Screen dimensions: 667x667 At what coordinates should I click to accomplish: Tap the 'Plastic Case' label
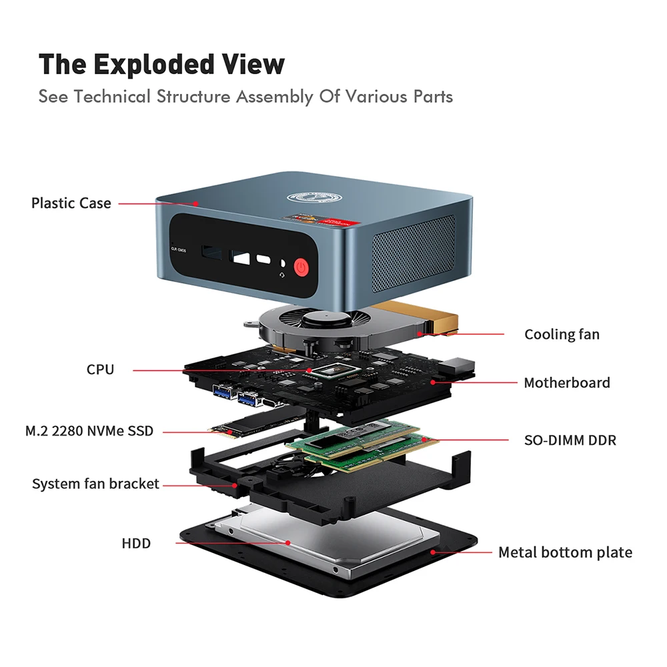71,203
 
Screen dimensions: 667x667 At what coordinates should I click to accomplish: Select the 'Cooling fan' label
562,334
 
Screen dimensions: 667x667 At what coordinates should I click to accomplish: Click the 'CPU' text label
100,369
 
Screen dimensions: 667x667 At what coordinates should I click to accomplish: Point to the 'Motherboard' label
566,383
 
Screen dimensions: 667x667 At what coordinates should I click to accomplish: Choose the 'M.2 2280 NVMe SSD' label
89,431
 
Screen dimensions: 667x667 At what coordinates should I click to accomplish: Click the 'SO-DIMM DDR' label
570,440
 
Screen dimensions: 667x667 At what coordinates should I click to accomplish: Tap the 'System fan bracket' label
95,484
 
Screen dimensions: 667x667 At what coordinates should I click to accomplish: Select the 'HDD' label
136,543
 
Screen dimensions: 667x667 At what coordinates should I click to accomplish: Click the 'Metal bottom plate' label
565,552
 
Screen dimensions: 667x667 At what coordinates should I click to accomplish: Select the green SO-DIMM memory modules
364,446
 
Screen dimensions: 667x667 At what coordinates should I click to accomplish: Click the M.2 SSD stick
247,428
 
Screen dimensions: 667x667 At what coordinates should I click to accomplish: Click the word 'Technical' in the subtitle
113,97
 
